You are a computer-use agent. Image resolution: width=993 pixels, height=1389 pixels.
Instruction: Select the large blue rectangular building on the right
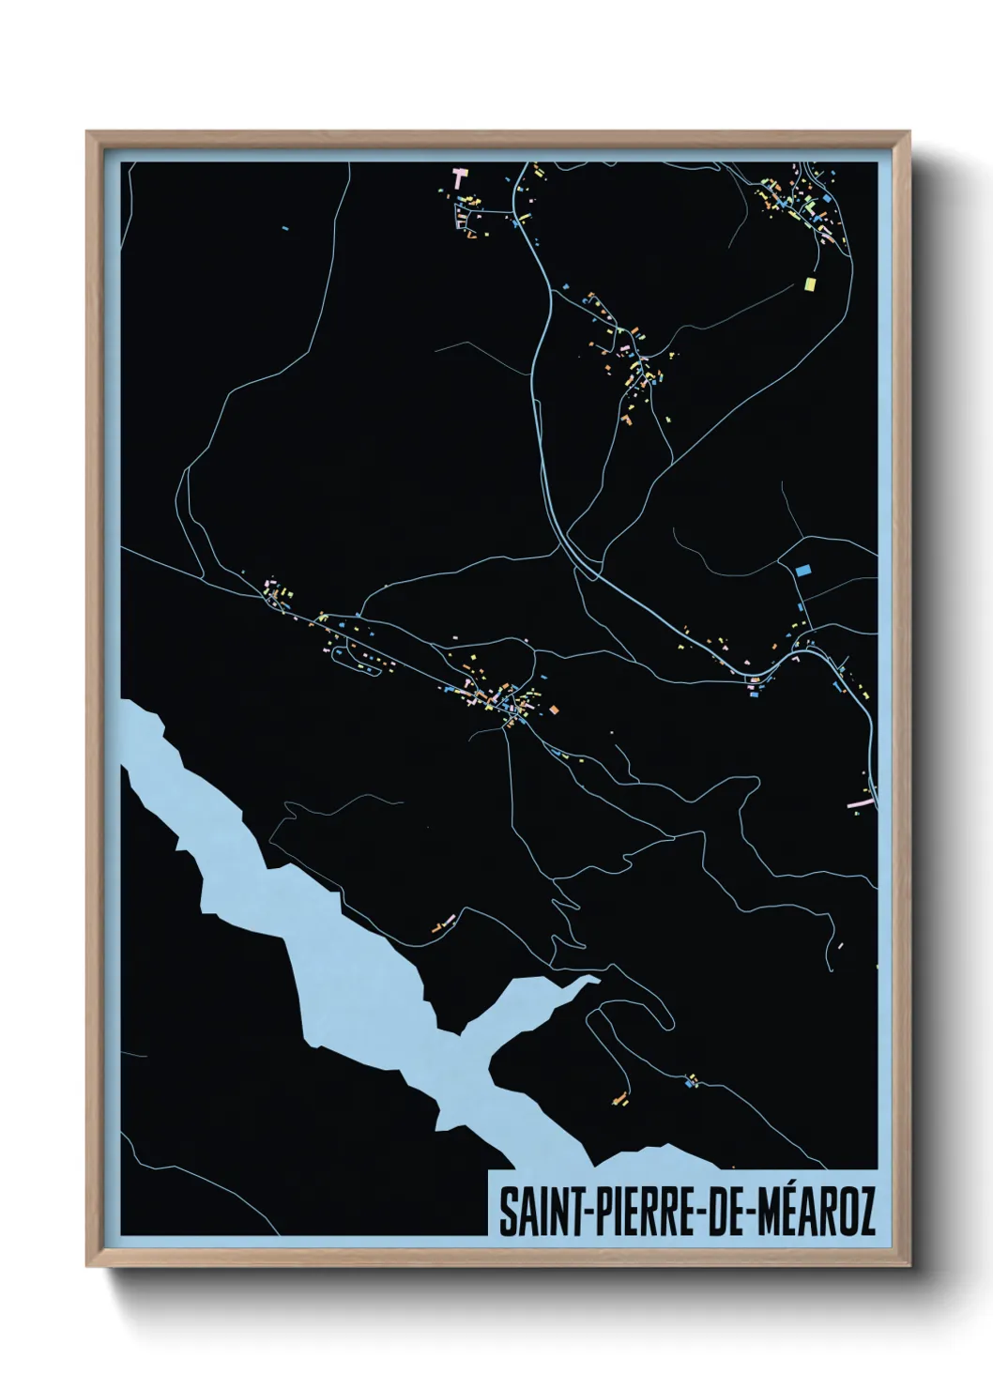click(802, 569)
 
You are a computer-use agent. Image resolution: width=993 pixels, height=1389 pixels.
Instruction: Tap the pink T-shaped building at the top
click(460, 176)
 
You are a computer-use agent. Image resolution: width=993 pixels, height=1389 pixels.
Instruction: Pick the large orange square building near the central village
click(554, 709)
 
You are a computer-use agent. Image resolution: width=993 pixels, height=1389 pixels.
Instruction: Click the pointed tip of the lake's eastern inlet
click(598, 979)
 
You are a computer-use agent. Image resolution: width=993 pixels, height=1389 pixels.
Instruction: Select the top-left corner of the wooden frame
click(87, 132)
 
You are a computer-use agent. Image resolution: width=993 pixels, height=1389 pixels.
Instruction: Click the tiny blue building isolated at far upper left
click(285, 226)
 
